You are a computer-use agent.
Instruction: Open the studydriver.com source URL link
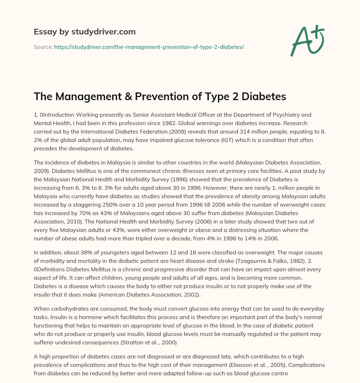pyautogui.click(x=149, y=47)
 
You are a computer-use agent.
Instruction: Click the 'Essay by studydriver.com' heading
pyautogui.click(x=85, y=32)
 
